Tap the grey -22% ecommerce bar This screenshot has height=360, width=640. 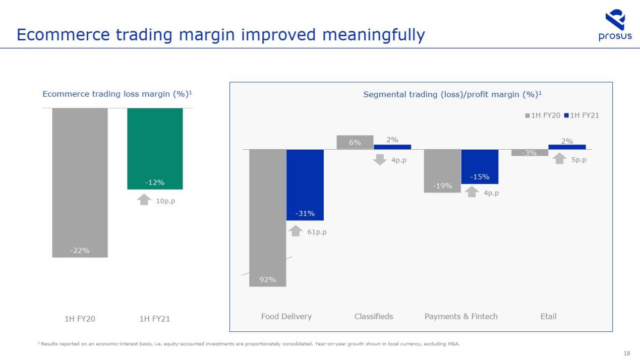[80, 182]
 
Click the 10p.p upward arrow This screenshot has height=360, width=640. [144, 200]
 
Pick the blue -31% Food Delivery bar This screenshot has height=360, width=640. [305, 185]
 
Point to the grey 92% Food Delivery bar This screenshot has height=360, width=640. [268, 217]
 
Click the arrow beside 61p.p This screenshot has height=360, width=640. [295, 231]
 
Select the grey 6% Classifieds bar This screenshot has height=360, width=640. [355, 142]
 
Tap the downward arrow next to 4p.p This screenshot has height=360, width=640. [379, 160]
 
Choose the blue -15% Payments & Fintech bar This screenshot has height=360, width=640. [480, 166]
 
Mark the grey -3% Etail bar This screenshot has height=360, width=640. [530, 153]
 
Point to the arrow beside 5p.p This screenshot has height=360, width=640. [560, 158]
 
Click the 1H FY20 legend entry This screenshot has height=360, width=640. [543, 115]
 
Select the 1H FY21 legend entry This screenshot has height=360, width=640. [581, 115]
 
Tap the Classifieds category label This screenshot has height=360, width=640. [374, 316]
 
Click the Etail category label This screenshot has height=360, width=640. [548, 316]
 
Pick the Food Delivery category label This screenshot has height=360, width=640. [286, 316]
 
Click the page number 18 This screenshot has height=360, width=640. [626, 353]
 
